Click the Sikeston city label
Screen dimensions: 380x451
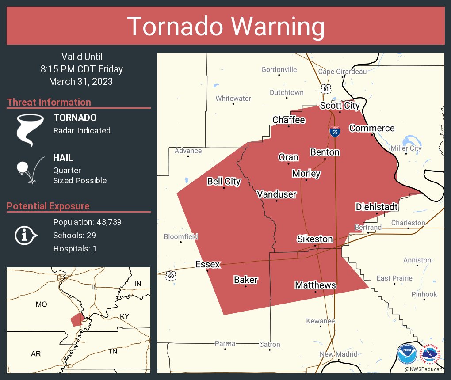(314, 239)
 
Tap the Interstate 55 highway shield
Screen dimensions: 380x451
(335, 131)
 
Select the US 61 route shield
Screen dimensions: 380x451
(326, 88)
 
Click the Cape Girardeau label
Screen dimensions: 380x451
(342, 72)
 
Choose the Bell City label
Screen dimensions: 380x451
(224, 181)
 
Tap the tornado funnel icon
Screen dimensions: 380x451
(30, 129)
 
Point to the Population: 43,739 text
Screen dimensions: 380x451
(87, 222)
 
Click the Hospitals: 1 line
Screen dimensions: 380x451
(75, 248)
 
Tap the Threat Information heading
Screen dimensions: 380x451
(49, 102)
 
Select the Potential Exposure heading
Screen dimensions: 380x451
(48, 206)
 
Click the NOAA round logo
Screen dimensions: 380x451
(407, 354)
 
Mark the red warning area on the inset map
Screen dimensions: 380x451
(77, 319)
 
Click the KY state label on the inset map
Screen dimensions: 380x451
(125, 316)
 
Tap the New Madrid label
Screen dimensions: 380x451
(338, 354)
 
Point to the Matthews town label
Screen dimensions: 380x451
(315, 285)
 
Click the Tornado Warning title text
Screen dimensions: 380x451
(225, 27)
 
